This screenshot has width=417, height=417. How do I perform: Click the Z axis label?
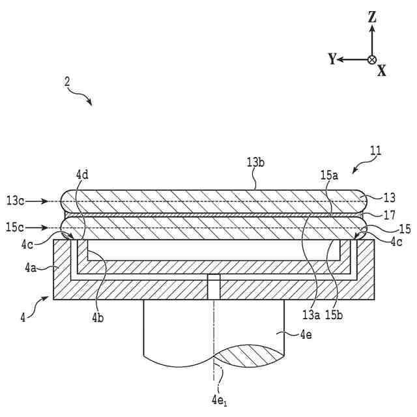pyautogui.click(x=372, y=18)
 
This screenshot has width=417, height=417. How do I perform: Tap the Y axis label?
pyautogui.click(x=332, y=59)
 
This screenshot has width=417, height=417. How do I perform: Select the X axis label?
pyautogui.click(x=382, y=71)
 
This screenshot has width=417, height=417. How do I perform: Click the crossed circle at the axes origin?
pyautogui.click(x=372, y=59)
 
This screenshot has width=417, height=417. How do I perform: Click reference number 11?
pyautogui.click(x=376, y=151)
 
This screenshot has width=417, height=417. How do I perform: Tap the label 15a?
pyautogui.click(x=328, y=176)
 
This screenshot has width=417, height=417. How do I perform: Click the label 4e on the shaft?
pyautogui.click(x=307, y=336)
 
